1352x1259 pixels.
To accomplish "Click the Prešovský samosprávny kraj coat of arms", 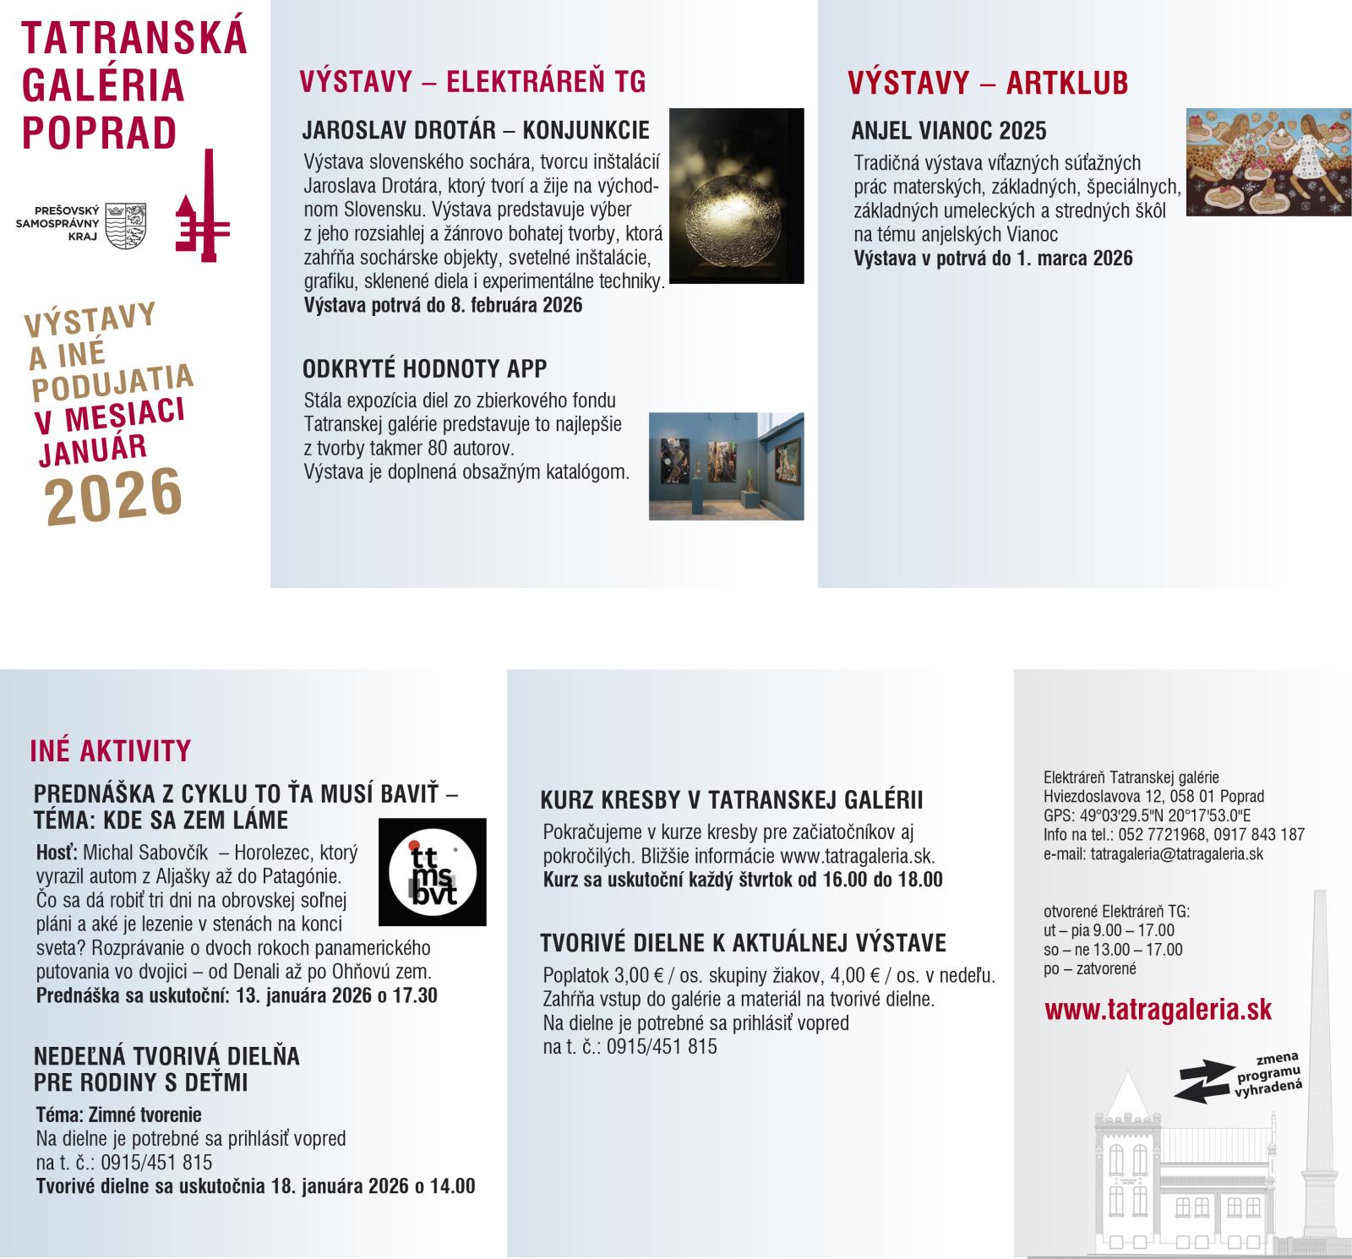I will (125, 225).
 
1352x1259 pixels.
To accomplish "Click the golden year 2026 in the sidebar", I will (114, 496).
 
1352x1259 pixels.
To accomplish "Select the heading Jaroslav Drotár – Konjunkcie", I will (476, 131).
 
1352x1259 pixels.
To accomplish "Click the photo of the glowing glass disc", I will (736, 195).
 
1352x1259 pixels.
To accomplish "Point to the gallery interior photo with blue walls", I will (726, 466).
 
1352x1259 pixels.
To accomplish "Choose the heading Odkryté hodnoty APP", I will (424, 369).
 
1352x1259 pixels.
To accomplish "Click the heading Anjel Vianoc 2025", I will (948, 131).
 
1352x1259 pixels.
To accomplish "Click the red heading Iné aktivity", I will (111, 751).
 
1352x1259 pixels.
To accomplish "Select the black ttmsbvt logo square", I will (432, 872).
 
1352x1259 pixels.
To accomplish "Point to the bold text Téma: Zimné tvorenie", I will (118, 1115).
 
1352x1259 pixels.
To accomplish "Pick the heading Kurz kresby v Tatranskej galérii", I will (731, 800).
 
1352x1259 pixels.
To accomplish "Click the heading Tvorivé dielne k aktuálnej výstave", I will (743, 943).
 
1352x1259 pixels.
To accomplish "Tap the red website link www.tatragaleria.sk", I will (1158, 1011).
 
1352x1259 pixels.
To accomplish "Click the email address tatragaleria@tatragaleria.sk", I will (1176, 854).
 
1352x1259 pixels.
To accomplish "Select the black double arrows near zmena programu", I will (1204, 1081).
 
